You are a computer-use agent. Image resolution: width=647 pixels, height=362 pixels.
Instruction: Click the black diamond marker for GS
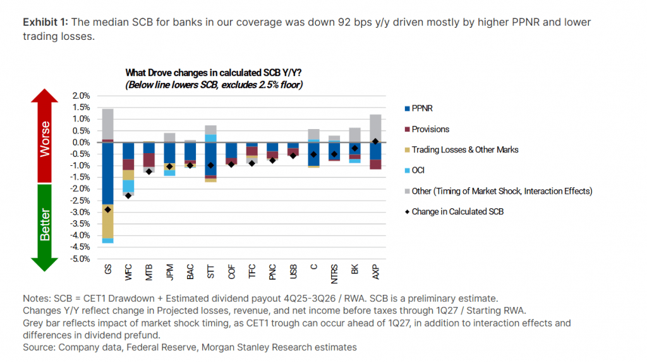point(107,209)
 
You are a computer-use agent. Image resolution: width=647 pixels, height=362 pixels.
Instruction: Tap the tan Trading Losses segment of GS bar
point(107,222)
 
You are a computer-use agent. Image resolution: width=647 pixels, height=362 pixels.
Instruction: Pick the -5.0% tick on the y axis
point(80,259)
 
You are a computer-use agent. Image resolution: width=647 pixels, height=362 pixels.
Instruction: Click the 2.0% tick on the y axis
point(82,96)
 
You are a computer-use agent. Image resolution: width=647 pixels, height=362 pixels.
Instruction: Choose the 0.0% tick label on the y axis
point(82,142)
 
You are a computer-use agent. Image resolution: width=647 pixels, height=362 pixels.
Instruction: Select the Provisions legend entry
point(430,129)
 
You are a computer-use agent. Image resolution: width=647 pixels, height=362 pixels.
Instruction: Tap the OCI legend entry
point(418,170)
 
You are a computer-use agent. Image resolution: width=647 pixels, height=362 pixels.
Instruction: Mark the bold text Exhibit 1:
point(45,22)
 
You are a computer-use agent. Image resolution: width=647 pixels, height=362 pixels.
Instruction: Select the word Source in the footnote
point(39,347)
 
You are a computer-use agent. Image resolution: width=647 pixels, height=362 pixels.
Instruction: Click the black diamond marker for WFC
point(128,196)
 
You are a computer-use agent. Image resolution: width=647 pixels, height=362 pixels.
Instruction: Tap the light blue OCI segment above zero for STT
point(210,138)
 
